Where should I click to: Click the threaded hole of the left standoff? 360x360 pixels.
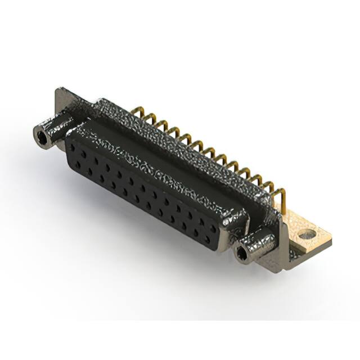[x=41, y=136]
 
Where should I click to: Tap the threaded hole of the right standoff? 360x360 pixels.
[x=242, y=255]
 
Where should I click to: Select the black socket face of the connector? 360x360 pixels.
[x=141, y=186]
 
